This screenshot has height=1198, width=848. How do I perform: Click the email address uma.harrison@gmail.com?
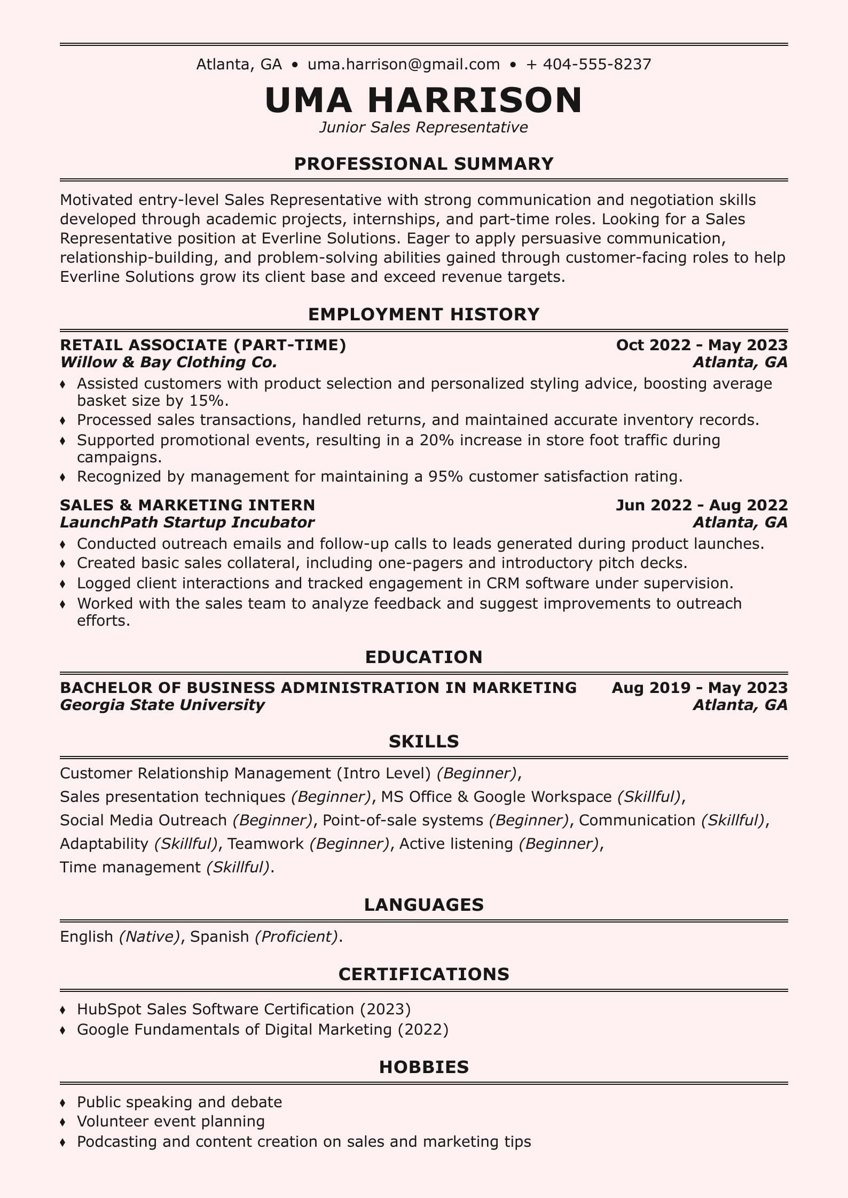(x=404, y=65)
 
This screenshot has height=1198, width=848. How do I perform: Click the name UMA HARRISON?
(x=423, y=100)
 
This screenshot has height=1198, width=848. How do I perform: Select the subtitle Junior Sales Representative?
(x=423, y=127)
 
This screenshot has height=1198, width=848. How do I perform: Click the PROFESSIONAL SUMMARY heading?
(x=423, y=163)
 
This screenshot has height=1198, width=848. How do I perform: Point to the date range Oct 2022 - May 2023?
(x=702, y=345)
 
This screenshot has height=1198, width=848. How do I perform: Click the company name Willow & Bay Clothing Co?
(x=169, y=362)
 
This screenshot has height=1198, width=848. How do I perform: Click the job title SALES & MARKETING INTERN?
(x=187, y=505)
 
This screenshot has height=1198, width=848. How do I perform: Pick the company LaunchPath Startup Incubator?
(x=187, y=522)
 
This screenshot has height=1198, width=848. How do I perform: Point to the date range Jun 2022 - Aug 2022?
(x=702, y=505)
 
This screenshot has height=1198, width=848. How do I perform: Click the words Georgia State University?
(x=162, y=705)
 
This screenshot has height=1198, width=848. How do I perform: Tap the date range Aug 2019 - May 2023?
(x=700, y=688)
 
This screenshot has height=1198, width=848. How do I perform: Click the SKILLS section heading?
(x=423, y=741)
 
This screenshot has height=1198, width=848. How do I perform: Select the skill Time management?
(x=130, y=867)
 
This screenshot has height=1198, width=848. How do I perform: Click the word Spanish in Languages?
(x=219, y=936)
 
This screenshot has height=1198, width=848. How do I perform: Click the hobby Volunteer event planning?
(x=171, y=1121)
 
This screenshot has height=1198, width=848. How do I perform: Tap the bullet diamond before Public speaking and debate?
(x=63, y=1102)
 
